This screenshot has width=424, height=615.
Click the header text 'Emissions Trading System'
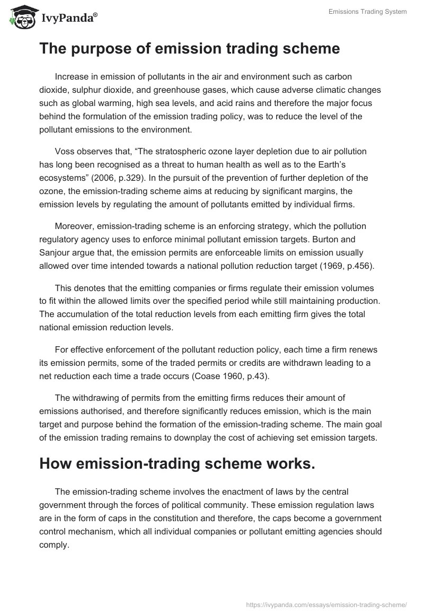click(367, 12)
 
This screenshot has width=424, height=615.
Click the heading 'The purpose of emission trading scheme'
click(189, 49)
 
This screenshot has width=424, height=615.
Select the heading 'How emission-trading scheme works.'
click(177, 463)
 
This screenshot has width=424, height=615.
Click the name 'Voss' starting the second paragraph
click(65, 151)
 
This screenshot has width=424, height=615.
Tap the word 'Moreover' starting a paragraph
click(74, 226)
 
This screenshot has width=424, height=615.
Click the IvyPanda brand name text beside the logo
click(69, 19)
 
